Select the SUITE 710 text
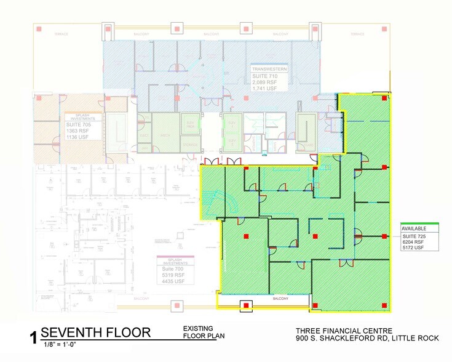pyautogui.click(x=265, y=75)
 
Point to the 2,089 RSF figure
pyautogui.click(x=265, y=82)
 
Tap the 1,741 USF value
pyautogui.click(x=265, y=89)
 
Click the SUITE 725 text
pyautogui.click(x=414, y=236)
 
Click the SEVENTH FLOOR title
pyautogui.click(x=95, y=333)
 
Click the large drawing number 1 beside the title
pyautogui.click(x=33, y=337)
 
